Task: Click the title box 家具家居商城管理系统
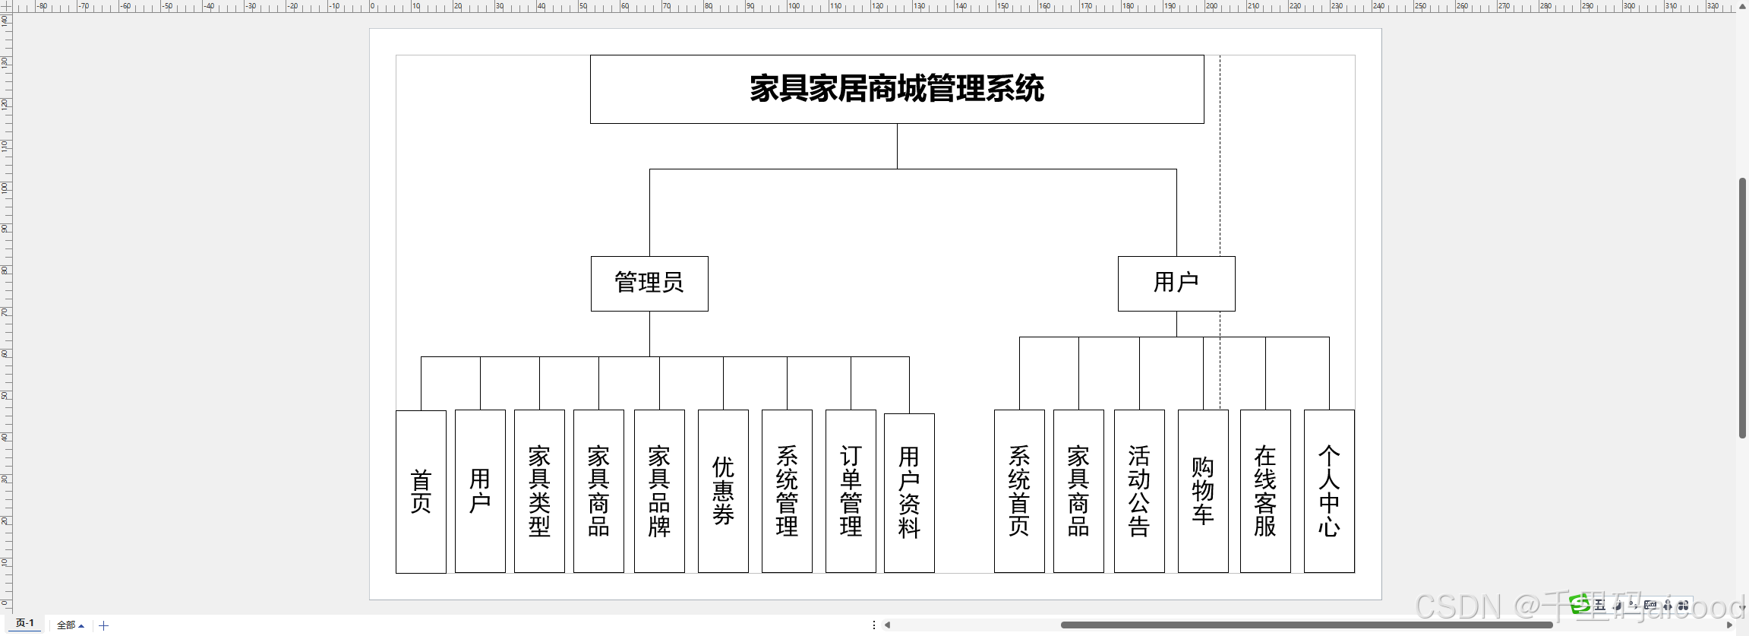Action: tap(897, 89)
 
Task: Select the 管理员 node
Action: tap(649, 283)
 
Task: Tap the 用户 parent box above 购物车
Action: tap(1176, 283)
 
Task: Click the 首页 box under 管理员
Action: tap(421, 492)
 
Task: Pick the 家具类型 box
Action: tap(539, 491)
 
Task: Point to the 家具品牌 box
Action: tap(659, 491)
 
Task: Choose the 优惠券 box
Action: tap(723, 491)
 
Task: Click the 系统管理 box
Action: tap(787, 491)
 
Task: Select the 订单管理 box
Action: tap(851, 491)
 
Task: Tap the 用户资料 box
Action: tap(909, 492)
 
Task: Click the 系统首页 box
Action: tap(1019, 491)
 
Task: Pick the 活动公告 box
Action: tap(1139, 491)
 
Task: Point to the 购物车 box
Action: tap(1203, 491)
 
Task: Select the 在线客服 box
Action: tap(1265, 491)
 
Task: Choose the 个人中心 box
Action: tap(1329, 491)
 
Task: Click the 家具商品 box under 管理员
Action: tap(598, 491)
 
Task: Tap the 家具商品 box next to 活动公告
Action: tap(1078, 491)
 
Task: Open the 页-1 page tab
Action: tap(25, 623)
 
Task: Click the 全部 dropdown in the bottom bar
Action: tap(70, 625)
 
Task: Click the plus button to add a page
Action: tap(104, 625)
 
